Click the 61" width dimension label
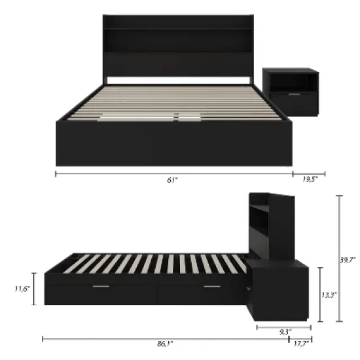[x=173, y=181]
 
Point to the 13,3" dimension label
[x=330, y=295]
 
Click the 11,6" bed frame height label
[x=22, y=289]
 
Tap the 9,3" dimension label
[x=285, y=332]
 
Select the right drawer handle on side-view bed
[x=211, y=287]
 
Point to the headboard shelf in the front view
[x=178, y=41]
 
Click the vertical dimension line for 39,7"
[x=339, y=259]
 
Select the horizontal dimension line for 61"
[x=173, y=174]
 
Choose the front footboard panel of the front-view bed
[x=173, y=143]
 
